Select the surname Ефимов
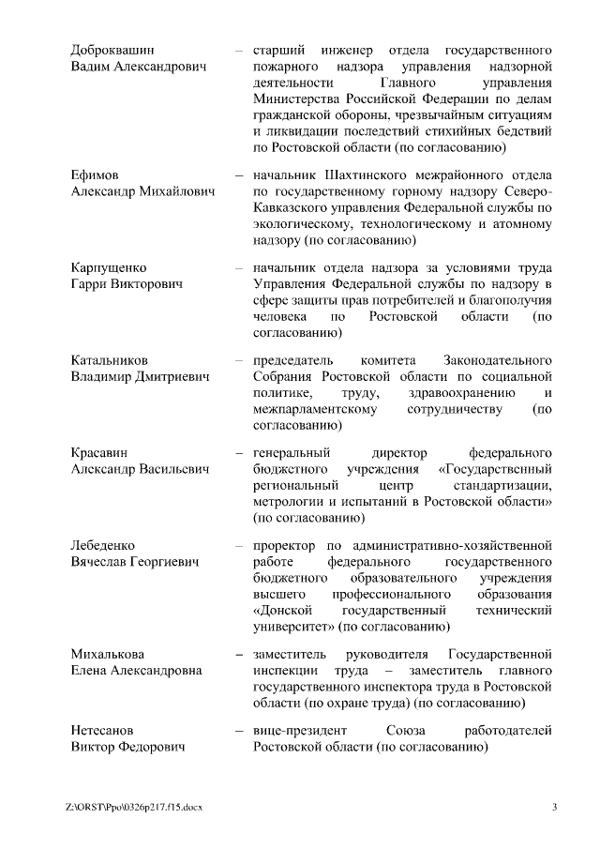tap(95, 175)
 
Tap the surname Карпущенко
tap(109, 267)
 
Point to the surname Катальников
tap(111, 359)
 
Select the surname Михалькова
tap(109, 653)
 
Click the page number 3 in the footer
tap(554, 807)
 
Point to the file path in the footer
tap(134, 807)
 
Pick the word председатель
tap(294, 359)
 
